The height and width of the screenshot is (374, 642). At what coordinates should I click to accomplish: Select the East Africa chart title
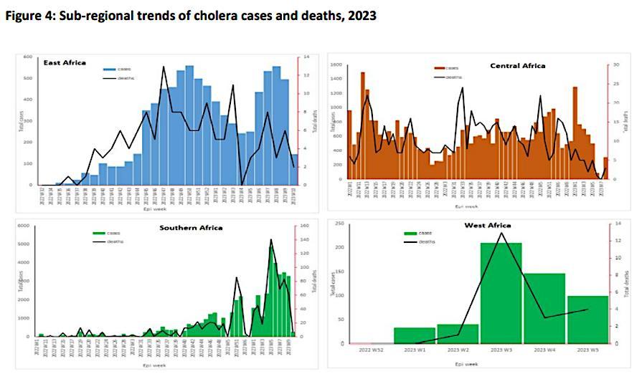click(65, 63)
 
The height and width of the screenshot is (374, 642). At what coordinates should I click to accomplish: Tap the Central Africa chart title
click(517, 66)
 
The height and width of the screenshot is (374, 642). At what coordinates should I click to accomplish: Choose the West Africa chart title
click(488, 226)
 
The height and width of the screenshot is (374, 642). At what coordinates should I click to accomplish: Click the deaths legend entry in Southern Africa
click(115, 241)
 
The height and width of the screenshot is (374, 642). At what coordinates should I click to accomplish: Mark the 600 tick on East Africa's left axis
click(28, 57)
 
